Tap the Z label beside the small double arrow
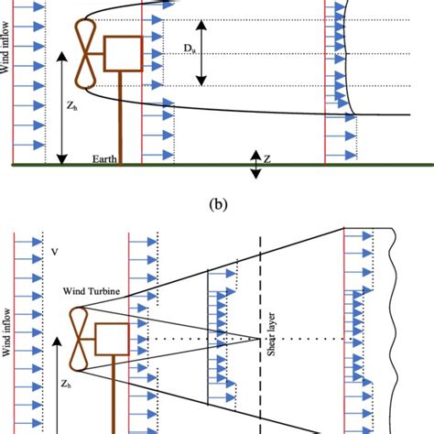266,158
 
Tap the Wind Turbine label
92,293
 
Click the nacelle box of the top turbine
122,54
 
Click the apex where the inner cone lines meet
260,338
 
